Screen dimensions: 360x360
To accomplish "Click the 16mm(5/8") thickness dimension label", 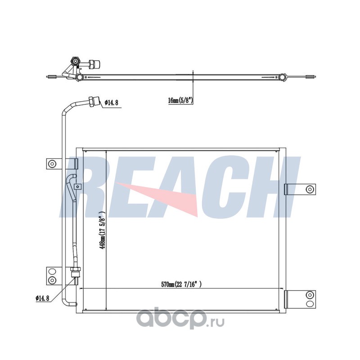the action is (180, 100).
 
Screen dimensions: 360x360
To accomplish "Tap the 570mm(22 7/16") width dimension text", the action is (181, 284).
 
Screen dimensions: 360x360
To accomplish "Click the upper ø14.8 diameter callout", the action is (111, 103).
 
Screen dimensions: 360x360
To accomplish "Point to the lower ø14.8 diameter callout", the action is (42, 298).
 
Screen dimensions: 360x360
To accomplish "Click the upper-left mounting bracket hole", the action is (53, 164).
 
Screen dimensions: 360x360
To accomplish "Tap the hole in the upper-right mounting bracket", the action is (309, 189).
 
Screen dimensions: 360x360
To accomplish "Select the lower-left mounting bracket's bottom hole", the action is (53, 279).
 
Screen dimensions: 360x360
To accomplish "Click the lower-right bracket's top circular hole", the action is (310, 295).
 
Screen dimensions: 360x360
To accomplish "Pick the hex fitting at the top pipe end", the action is (94, 101).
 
